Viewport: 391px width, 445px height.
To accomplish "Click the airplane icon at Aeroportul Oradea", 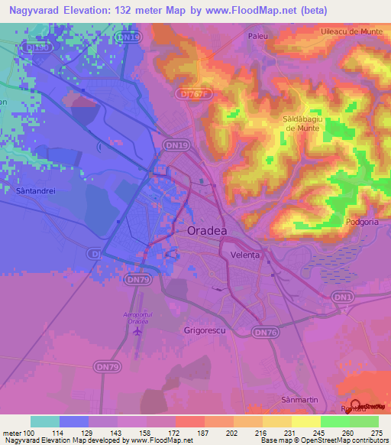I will point(137,331).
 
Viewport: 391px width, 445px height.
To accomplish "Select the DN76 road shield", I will point(265,332).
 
